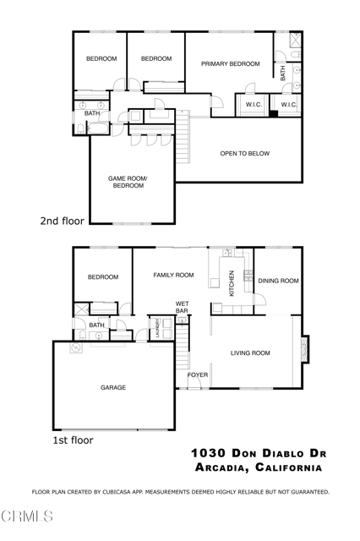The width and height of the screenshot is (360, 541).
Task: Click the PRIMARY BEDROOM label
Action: [x=231, y=64]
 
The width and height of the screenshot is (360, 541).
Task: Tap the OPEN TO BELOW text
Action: [x=245, y=154]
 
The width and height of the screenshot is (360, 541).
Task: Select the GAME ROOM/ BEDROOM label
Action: [x=128, y=182]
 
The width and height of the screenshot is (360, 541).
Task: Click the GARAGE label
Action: [x=113, y=387]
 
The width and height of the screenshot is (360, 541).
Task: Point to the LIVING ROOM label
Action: [x=250, y=353]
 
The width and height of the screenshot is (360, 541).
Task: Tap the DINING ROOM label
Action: [x=278, y=281]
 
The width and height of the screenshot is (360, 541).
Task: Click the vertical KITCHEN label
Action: [x=232, y=283]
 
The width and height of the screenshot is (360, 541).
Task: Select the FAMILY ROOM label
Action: [x=173, y=275]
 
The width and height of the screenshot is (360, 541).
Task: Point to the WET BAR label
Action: [x=182, y=307]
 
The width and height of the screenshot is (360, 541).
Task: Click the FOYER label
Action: [x=198, y=374]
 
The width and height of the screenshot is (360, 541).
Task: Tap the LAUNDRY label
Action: [x=157, y=328]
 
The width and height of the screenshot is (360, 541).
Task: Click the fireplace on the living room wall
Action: [x=305, y=349]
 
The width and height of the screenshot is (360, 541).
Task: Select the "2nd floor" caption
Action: [x=62, y=221]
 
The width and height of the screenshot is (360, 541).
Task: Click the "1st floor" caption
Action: [x=73, y=440]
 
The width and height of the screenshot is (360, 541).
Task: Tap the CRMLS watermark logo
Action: [x=26, y=516]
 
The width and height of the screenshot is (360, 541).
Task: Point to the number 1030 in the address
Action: [x=208, y=453]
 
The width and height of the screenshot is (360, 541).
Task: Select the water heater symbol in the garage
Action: [x=76, y=347]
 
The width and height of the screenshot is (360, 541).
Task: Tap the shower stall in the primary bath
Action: [x=295, y=40]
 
